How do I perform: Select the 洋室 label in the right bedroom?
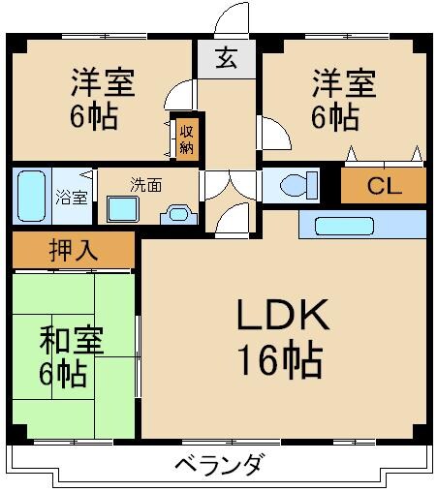point(343,82)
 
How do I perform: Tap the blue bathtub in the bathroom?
point(32,196)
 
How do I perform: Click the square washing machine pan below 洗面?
point(124,209)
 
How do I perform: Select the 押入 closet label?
point(73,250)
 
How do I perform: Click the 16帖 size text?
point(280,361)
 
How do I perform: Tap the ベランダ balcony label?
point(218,465)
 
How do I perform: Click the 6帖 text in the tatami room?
point(63,373)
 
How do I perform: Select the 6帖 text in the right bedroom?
point(335,117)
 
